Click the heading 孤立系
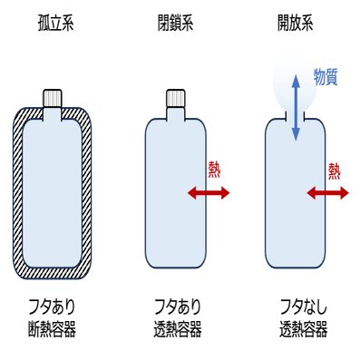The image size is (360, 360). click(x=56, y=23)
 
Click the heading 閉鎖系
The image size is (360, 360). click(x=175, y=23)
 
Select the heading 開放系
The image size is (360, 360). click(x=296, y=23)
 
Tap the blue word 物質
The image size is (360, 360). click(x=326, y=77)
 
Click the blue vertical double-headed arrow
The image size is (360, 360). click(x=296, y=109)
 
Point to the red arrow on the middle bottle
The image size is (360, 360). click(x=209, y=192)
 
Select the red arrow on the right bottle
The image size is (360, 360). click(x=328, y=192)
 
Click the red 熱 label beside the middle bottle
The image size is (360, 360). click(x=214, y=170)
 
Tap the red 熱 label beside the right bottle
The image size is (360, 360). click(x=335, y=171)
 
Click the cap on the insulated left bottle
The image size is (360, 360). click(x=53, y=98)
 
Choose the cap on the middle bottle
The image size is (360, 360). click(x=176, y=98)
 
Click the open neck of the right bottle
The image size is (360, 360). click(x=296, y=116)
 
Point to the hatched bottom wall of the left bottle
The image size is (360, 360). click(x=53, y=273)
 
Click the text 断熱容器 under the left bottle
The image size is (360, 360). click(x=52, y=328)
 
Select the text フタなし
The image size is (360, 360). click(x=304, y=306)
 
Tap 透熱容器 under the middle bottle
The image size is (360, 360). click(x=178, y=328)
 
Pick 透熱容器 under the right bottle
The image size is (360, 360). click(x=304, y=328)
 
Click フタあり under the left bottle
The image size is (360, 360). click(x=52, y=306)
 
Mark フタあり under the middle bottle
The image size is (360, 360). click(x=178, y=306)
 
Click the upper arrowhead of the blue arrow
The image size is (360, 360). click(x=296, y=81)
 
